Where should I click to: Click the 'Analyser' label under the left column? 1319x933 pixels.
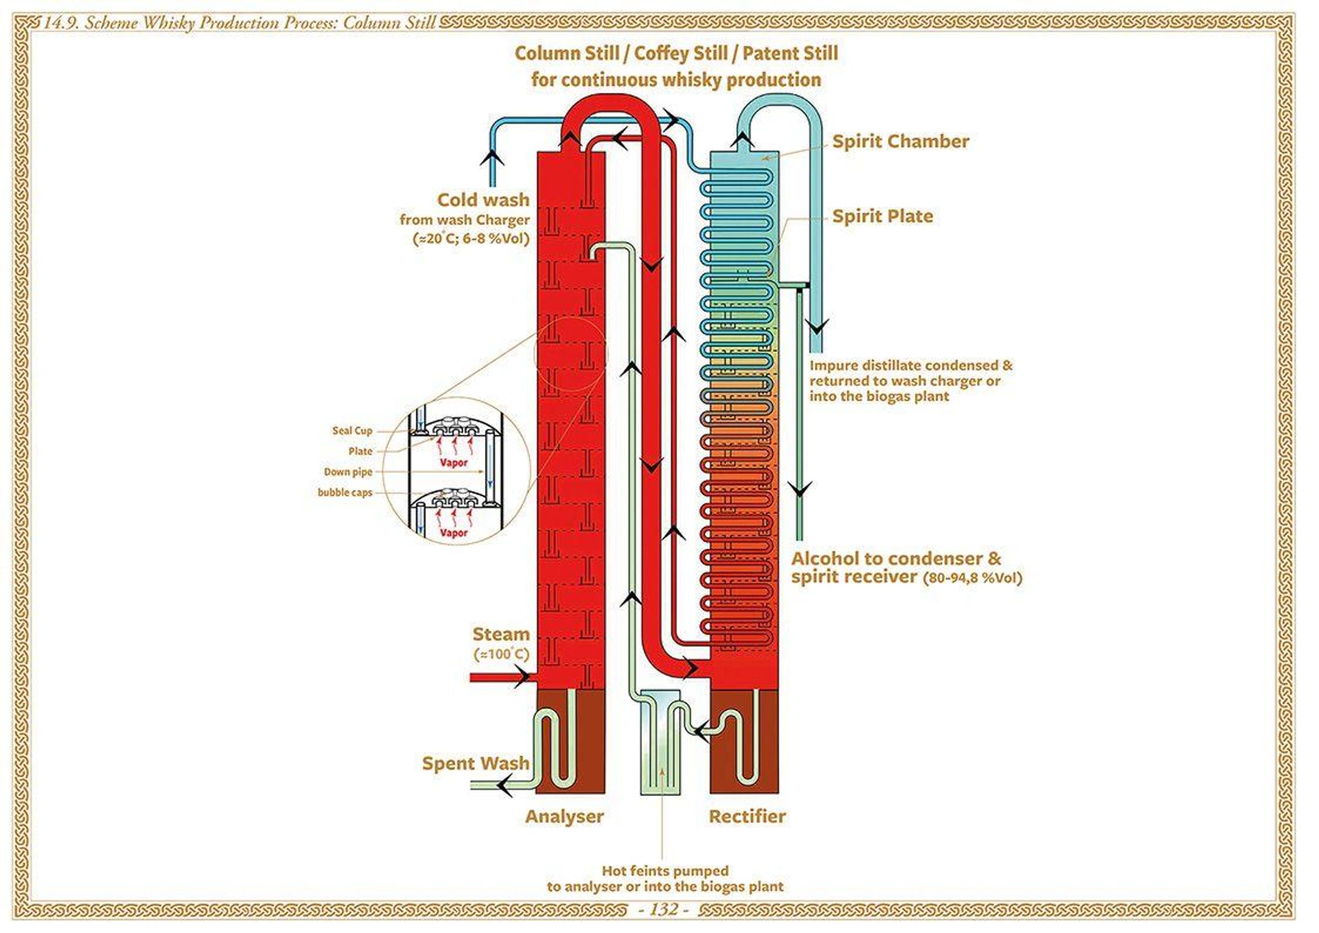[563, 816]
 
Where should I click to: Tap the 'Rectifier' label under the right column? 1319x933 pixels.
[747, 816]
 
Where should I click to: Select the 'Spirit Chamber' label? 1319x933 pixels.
[900, 141]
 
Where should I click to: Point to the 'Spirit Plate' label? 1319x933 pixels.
[883, 216]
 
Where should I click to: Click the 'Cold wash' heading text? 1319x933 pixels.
[483, 200]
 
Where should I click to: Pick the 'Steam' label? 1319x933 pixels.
[500, 634]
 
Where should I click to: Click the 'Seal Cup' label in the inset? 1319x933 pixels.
[352, 430]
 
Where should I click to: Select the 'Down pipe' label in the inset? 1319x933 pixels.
[348, 472]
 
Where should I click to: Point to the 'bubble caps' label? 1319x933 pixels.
[345, 493]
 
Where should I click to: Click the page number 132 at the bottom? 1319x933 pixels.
[664, 909]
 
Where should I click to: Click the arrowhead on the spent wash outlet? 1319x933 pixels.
[505, 785]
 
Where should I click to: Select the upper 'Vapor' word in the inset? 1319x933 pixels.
[454, 463]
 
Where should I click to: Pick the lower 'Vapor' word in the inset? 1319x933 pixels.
[454, 533]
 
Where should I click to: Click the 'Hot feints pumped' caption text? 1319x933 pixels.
[664, 870]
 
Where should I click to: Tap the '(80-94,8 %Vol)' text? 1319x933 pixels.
[972, 578]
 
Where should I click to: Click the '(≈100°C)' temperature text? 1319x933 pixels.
[501, 654]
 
